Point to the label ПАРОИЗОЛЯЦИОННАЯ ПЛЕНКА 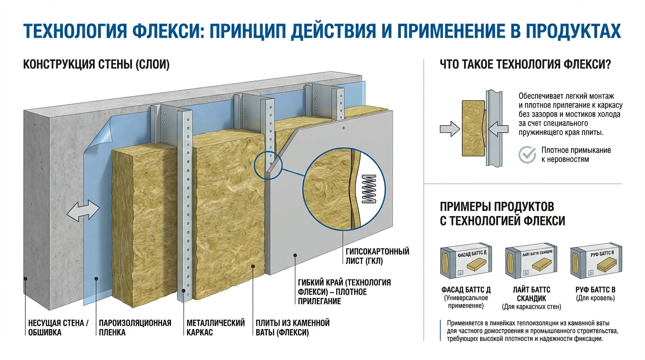coord(135,328)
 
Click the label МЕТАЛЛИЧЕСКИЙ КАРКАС coord(216,328)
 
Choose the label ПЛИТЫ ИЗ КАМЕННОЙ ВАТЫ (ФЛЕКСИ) coord(292,328)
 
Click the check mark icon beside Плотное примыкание coord(527,154)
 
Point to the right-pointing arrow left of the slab coord(448,128)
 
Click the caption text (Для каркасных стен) coord(531,307)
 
